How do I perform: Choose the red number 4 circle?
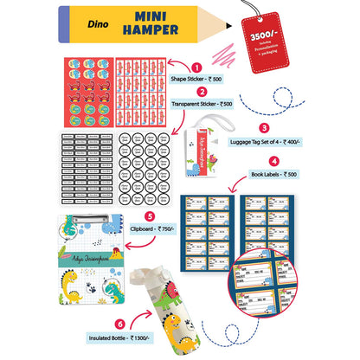(273, 160)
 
